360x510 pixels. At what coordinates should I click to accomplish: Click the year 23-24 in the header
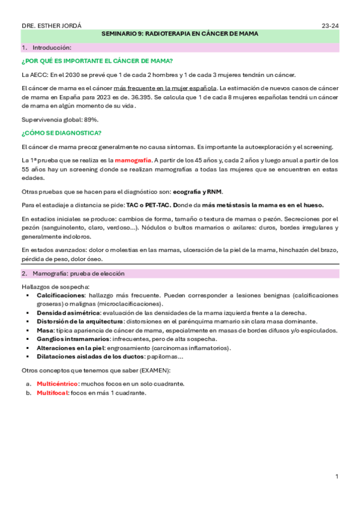click(330, 26)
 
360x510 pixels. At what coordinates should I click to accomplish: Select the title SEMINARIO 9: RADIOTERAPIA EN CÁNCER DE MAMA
click(180, 34)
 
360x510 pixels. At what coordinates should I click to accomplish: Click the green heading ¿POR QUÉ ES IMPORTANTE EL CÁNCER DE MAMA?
click(97, 61)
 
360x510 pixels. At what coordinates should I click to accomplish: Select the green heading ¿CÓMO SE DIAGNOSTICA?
click(61, 133)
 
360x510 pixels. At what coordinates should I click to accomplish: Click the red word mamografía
click(133, 161)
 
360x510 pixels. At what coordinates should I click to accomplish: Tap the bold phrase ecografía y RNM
click(198, 191)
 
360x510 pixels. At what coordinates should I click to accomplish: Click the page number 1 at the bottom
click(337, 477)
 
